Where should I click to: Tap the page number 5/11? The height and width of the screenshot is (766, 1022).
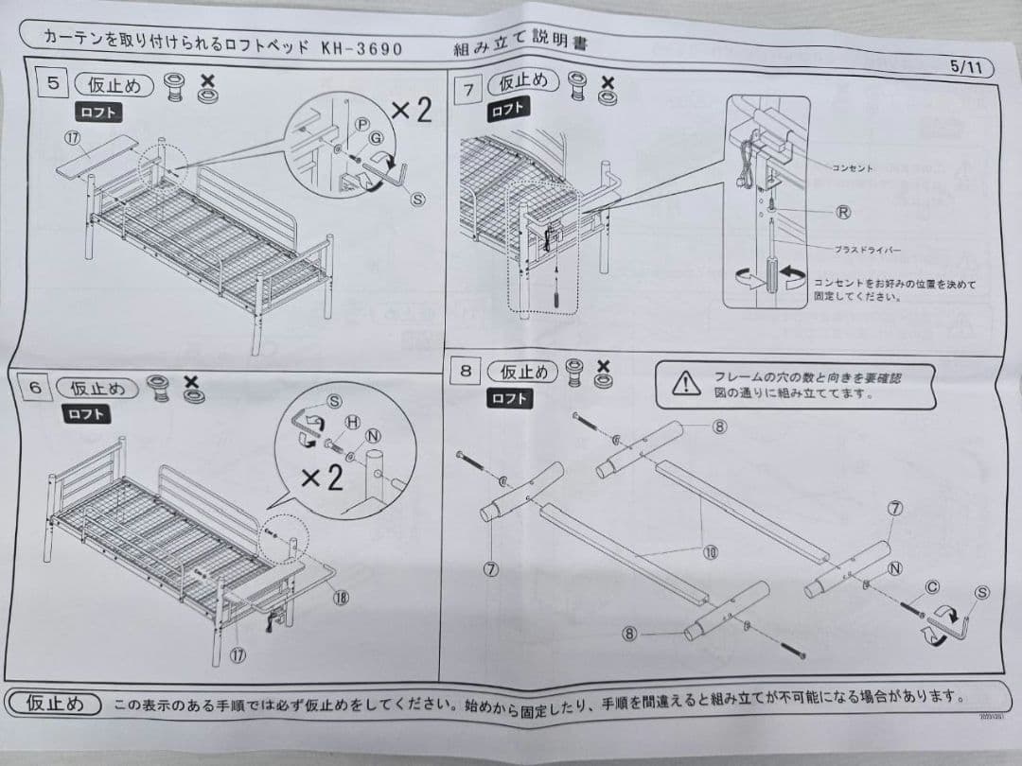(x=969, y=67)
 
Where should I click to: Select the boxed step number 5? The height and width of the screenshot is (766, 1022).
(x=53, y=83)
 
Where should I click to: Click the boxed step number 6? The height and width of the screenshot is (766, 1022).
(x=34, y=388)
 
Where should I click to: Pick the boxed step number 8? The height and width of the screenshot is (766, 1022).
(x=466, y=371)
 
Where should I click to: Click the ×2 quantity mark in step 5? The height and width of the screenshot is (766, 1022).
(x=411, y=111)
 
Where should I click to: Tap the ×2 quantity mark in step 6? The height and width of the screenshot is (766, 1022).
(x=322, y=478)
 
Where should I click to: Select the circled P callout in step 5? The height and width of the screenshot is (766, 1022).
(x=361, y=125)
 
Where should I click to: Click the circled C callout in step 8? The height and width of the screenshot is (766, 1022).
(x=932, y=587)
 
